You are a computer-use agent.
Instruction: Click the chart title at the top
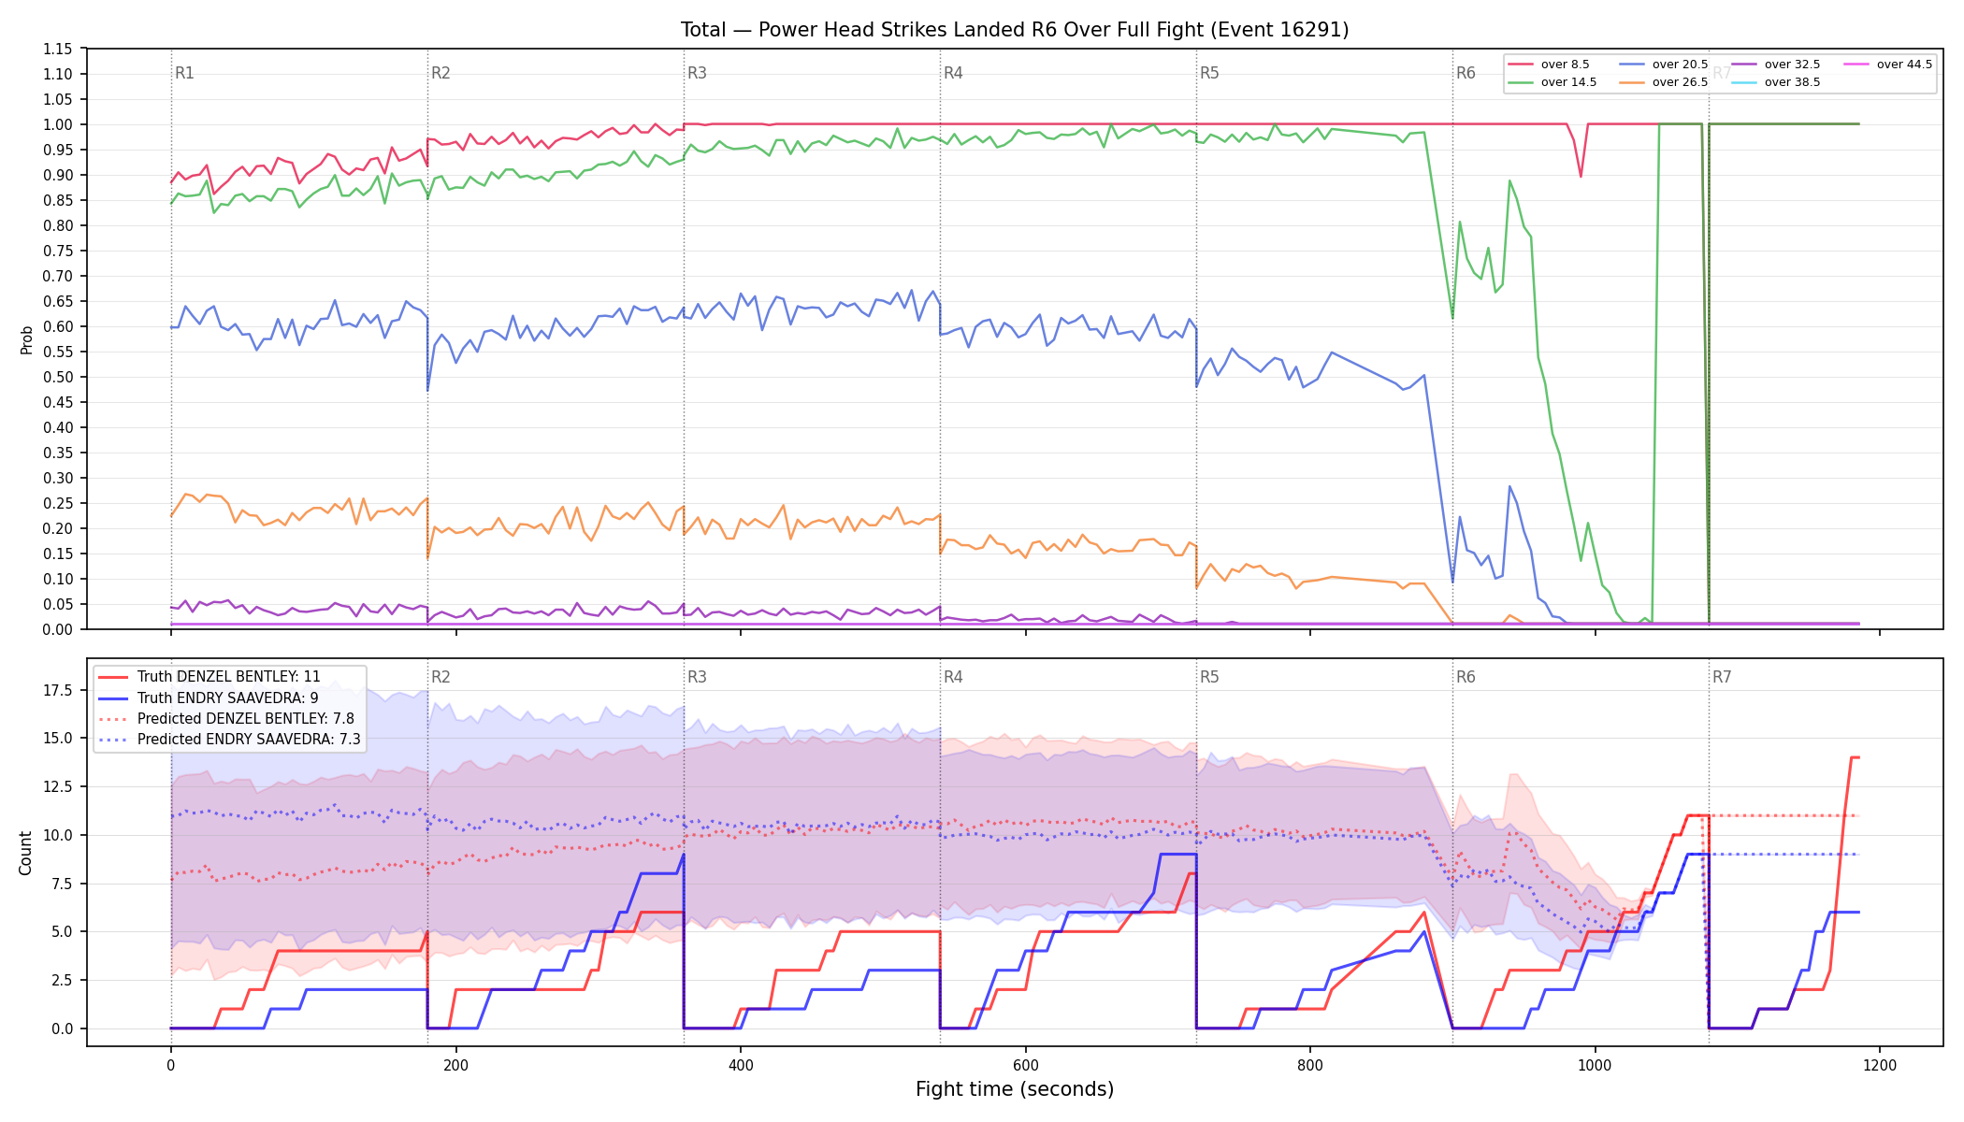pos(1015,30)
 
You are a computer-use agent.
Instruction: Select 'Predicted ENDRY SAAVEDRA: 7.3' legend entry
pos(229,740)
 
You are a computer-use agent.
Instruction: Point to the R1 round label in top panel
pos(184,73)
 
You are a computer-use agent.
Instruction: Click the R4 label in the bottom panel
pos(953,677)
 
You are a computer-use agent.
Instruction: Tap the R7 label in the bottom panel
pos(1722,677)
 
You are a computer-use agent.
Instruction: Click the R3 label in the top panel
pos(697,73)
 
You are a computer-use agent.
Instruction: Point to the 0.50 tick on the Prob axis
pos(58,377)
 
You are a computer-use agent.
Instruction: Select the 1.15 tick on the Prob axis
pos(58,49)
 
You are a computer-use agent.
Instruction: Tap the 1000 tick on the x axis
pos(1595,1065)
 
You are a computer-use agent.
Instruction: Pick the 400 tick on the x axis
pos(741,1065)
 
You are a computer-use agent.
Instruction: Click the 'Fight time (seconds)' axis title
pos(1015,1089)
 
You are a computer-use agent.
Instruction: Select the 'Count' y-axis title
pos(25,853)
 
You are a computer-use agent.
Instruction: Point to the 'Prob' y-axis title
pos(26,339)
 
